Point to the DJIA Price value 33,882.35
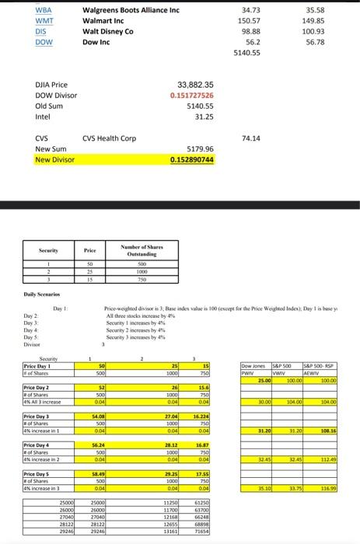tap(201, 85)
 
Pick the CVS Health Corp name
tap(110, 138)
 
